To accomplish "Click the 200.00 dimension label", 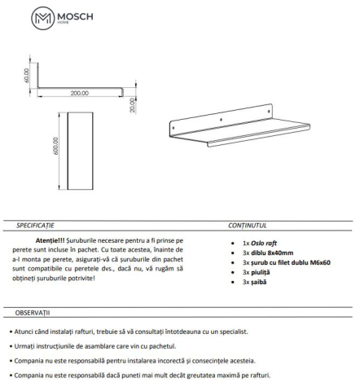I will tap(79, 93).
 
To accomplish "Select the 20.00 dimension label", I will tap(131, 104).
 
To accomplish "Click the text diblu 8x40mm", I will tap(274, 253).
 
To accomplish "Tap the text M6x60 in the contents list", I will tap(318, 263).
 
